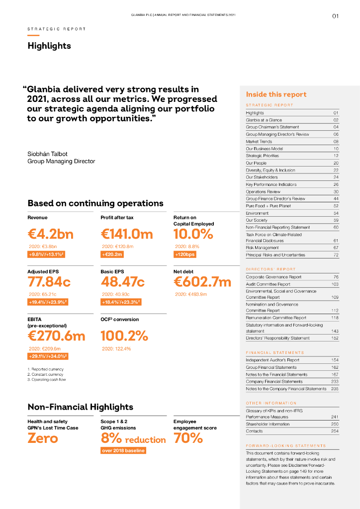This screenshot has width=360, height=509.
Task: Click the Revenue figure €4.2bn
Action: [x=50, y=234]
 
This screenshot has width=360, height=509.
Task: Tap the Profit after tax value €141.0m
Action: [x=127, y=234]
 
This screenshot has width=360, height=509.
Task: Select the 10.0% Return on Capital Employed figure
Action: [x=193, y=234]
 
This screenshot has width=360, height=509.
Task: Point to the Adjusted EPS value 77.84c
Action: [x=49, y=282]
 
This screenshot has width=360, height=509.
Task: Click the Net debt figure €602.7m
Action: [x=202, y=282]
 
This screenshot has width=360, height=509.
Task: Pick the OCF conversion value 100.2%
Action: [x=124, y=336]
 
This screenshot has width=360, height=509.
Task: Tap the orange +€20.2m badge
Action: [x=112, y=254]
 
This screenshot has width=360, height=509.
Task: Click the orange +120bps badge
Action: [x=184, y=254]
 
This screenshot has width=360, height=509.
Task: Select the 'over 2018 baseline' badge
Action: [x=123, y=450]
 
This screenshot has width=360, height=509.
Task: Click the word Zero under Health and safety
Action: [x=43, y=438]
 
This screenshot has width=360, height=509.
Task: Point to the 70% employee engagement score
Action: [x=188, y=438]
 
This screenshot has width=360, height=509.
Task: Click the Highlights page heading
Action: [x=49, y=46]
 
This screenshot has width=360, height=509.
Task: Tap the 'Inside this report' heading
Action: [x=276, y=94]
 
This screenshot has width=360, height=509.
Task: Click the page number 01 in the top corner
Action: [x=335, y=16]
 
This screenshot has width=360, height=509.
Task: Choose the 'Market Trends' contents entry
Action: [x=259, y=142]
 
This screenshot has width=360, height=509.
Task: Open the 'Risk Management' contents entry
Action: [x=262, y=248]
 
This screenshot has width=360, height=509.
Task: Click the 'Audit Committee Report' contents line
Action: [x=268, y=284]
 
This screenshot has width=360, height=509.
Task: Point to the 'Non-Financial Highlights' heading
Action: [x=81, y=407]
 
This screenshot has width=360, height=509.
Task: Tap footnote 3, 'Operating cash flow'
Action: [x=47, y=379]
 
